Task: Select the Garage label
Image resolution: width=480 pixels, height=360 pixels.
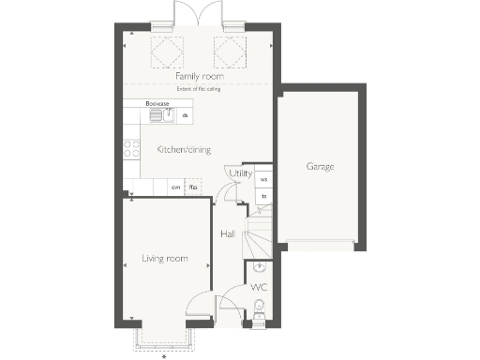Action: coord(320,167)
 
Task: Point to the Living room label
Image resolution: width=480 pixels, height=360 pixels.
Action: coord(164,258)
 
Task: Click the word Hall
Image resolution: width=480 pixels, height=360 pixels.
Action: coord(228,233)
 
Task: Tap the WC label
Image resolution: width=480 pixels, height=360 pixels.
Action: coord(259,287)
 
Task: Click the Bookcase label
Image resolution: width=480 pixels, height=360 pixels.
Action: coord(156,103)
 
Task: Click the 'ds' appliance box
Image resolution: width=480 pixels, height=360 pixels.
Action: coord(185,115)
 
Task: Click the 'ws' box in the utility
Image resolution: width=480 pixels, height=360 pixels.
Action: coord(263,179)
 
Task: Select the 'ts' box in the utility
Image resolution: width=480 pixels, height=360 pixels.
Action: coord(263,196)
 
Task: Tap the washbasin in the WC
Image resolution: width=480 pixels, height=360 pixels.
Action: coord(260,267)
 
